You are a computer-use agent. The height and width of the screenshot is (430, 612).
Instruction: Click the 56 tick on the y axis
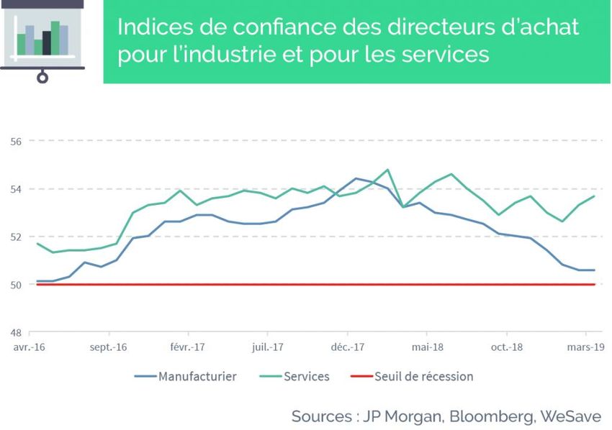17,141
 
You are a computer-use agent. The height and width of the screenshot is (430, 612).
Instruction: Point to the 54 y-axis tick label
17,189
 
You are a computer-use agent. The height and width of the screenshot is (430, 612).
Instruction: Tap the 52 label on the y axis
17,237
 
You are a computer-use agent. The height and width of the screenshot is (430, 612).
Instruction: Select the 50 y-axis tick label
17,285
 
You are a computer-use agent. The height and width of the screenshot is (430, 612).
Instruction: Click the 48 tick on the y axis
17,332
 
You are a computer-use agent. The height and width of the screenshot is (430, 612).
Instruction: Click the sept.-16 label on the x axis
109,347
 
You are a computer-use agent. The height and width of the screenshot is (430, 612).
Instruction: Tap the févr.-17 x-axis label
188,347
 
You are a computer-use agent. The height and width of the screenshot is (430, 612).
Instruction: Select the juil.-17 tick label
267,347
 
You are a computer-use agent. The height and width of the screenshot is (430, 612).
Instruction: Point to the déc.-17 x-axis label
347,347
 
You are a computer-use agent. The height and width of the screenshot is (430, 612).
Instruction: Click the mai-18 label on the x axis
426,347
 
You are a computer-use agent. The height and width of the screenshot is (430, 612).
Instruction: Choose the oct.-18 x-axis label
506,347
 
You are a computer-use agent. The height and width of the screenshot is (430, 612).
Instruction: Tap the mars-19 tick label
585,347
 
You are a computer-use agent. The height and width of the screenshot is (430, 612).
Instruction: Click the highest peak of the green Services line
387,170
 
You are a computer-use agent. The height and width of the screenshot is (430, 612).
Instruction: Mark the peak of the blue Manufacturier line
356,178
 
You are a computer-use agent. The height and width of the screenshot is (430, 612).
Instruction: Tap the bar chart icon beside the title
42,40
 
